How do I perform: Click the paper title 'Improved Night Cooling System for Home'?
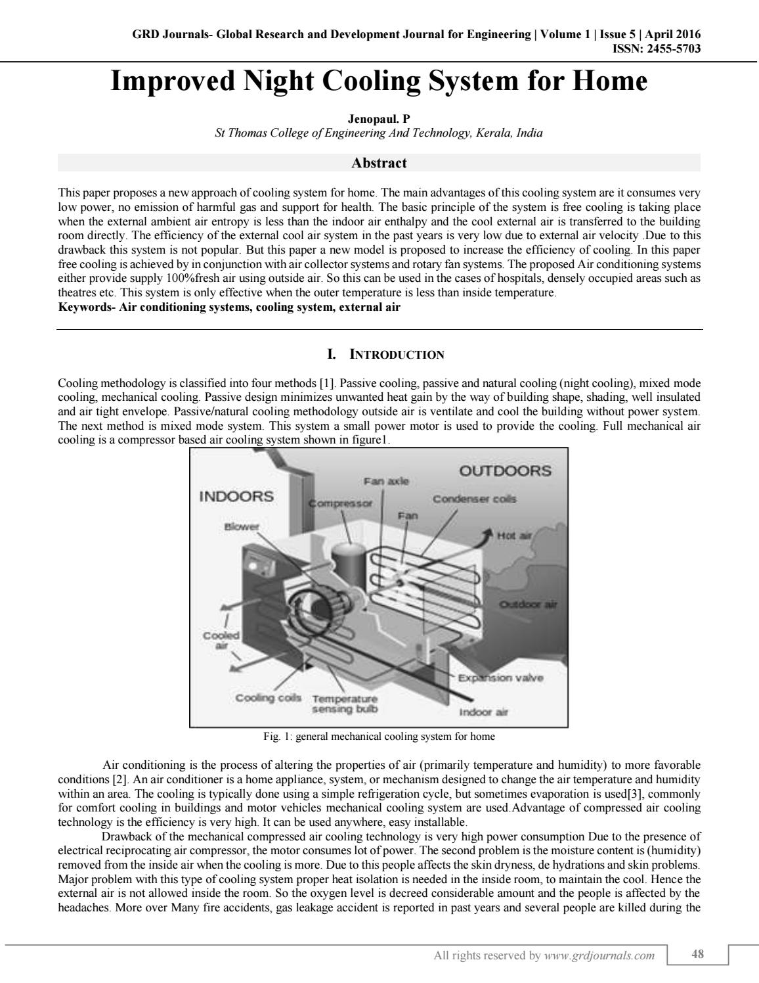coord(379,81)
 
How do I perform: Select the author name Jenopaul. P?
coord(379,120)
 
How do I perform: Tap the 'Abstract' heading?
coord(379,163)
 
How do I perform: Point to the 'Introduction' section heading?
coord(386,355)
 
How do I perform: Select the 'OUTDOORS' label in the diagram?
coord(505,470)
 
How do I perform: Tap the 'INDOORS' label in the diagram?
coord(236,496)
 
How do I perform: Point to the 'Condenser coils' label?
coord(474,499)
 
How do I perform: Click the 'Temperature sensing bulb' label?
coord(345,704)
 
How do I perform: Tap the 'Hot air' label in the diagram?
coord(514,536)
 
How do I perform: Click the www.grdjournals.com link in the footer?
coord(599,955)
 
